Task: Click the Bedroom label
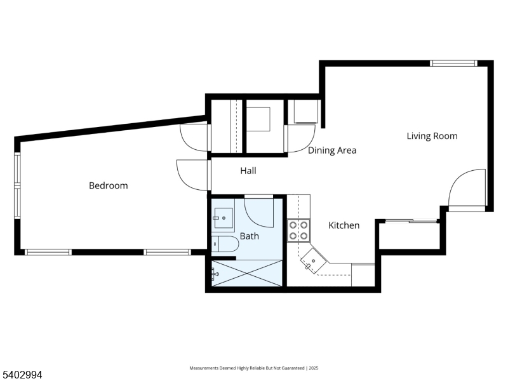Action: [x=108, y=185]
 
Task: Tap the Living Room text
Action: [x=432, y=136]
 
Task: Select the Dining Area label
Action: [x=332, y=150]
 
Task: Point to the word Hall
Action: [x=248, y=171]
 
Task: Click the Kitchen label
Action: [x=344, y=225]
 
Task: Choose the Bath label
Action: [x=249, y=236]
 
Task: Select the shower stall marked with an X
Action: [x=247, y=273]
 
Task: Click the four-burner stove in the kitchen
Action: [x=298, y=230]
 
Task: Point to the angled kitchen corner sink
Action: [x=314, y=260]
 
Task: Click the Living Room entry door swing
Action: [x=468, y=188]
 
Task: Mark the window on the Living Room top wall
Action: [x=453, y=63]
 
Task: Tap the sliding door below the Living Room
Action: [x=412, y=221]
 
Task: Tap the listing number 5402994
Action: [x=22, y=375]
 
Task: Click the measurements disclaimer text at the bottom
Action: [x=253, y=368]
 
